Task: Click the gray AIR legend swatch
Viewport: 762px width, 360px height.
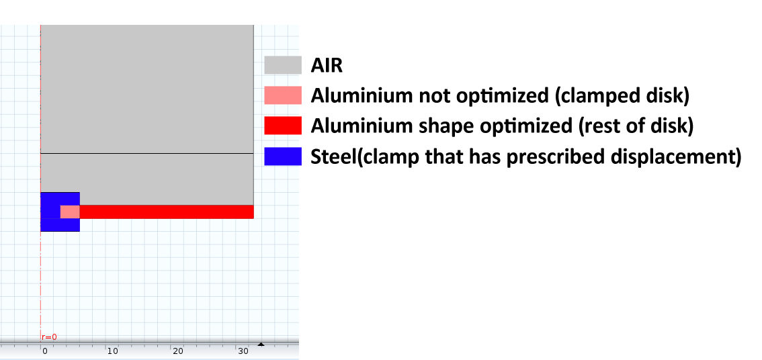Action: (x=283, y=64)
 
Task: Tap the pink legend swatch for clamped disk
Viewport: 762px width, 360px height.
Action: (x=283, y=95)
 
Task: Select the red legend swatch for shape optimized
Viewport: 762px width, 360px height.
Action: (x=283, y=126)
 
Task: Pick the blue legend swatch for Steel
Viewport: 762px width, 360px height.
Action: (x=283, y=156)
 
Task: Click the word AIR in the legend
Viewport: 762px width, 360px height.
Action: (x=327, y=65)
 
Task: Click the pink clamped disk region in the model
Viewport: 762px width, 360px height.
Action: (x=70, y=212)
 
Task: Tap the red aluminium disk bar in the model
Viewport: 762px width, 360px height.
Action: (x=167, y=212)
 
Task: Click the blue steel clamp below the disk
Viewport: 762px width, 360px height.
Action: (x=60, y=225)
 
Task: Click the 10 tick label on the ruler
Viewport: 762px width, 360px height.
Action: (x=112, y=351)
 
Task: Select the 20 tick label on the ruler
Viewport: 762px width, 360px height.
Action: (x=178, y=351)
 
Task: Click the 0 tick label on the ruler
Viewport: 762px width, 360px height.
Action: (x=45, y=351)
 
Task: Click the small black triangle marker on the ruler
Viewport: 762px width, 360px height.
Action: (x=261, y=345)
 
